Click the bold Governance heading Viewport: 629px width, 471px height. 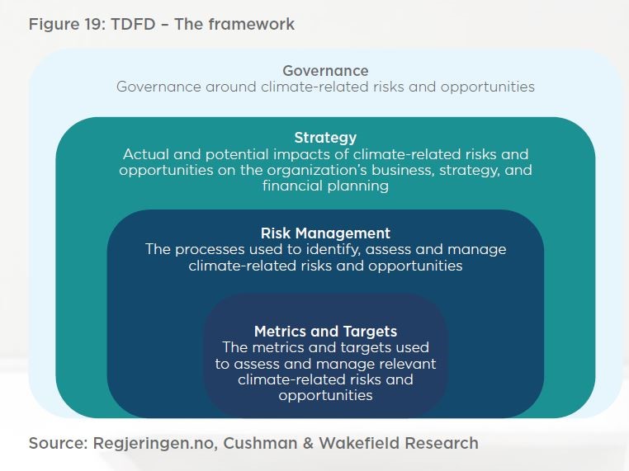click(x=325, y=71)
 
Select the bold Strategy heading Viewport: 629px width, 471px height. click(x=325, y=138)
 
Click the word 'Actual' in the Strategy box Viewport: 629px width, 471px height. click(x=145, y=154)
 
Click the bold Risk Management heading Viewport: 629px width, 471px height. click(x=325, y=233)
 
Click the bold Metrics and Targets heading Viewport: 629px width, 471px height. click(x=325, y=332)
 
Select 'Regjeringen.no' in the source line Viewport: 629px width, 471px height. click(x=149, y=444)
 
